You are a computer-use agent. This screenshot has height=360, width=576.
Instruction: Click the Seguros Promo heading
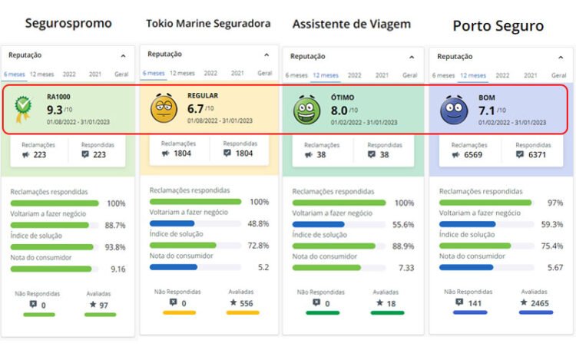(68, 23)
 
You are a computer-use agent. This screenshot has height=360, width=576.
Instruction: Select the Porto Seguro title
(498, 26)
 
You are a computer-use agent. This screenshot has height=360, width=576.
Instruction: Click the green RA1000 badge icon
(25, 109)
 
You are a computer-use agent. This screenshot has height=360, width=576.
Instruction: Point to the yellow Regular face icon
(164, 108)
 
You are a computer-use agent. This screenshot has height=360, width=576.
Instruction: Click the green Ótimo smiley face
(306, 111)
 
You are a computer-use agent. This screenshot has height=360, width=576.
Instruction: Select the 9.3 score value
(54, 110)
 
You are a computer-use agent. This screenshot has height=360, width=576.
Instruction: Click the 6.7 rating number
(196, 109)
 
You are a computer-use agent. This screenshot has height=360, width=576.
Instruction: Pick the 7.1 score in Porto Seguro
(488, 111)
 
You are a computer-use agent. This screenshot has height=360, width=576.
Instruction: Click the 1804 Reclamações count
(183, 154)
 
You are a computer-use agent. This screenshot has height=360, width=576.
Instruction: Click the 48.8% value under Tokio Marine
(258, 224)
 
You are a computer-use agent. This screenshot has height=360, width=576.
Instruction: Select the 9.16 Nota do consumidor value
(117, 269)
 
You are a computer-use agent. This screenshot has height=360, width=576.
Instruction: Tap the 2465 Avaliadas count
(540, 303)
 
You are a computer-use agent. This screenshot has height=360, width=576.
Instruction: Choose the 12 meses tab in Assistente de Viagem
(326, 75)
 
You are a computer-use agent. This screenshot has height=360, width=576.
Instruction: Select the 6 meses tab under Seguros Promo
(15, 74)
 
